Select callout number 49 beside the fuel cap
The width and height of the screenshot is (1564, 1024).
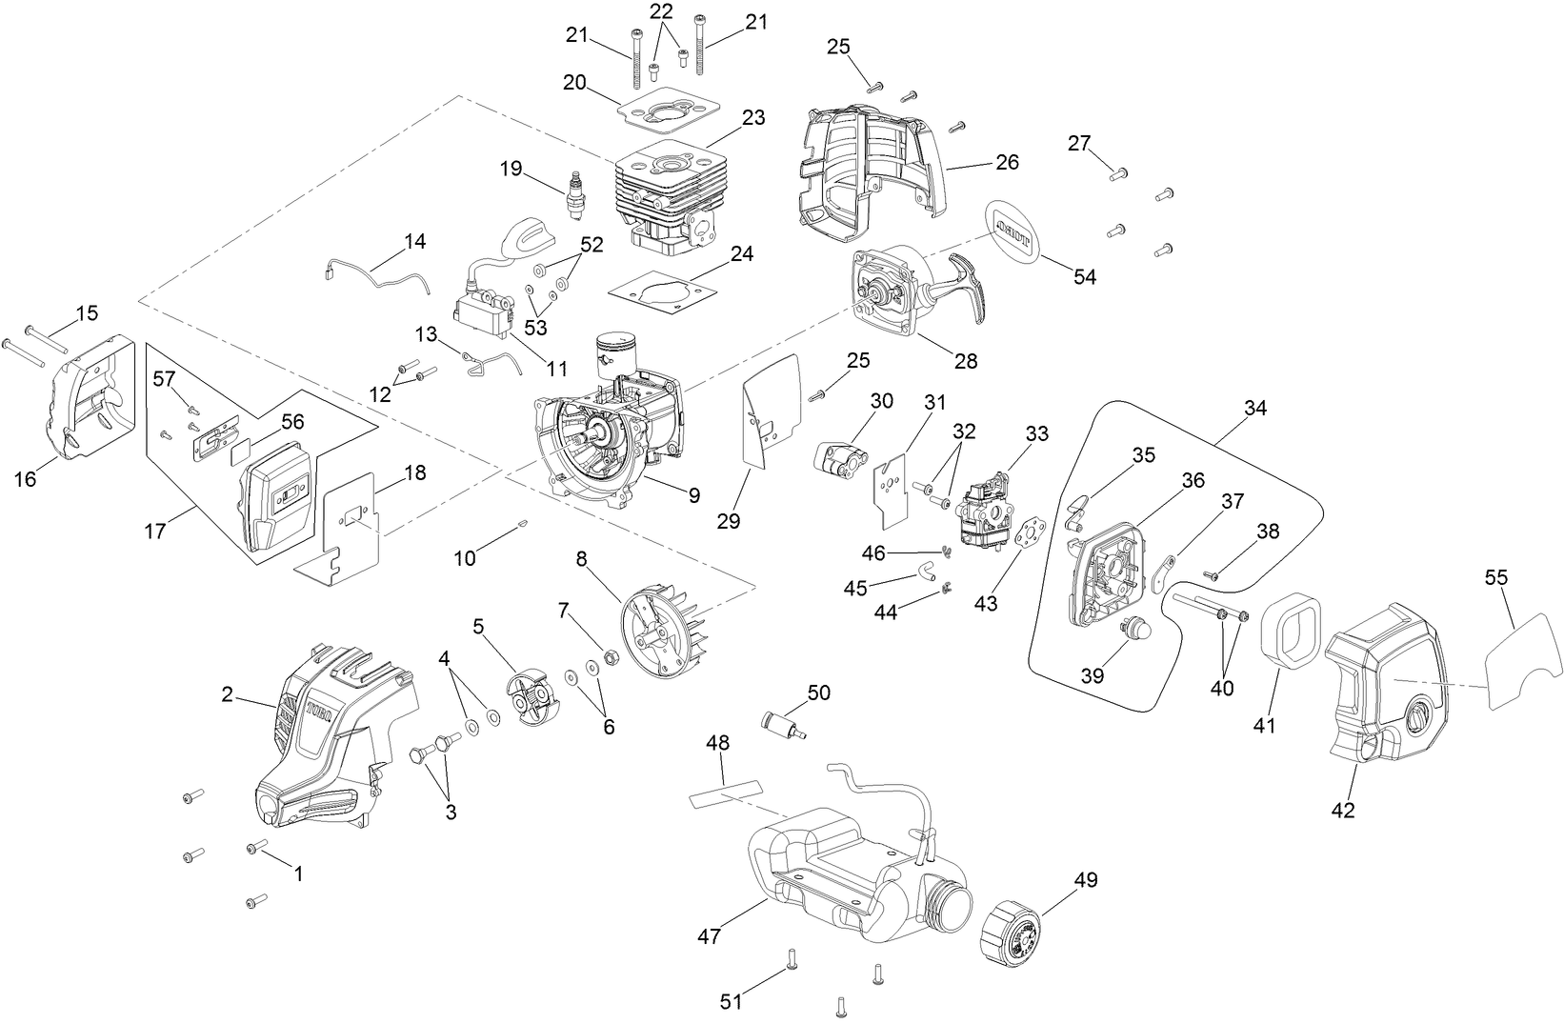pyautogui.click(x=1086, y=880)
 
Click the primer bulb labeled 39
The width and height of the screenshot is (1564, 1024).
pyautogui.click(x=1133, y=630)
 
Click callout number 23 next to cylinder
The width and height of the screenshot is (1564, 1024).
pyautogui.click(x=753, y=118)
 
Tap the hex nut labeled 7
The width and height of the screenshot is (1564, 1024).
pyautogui.click(x=611, y=656)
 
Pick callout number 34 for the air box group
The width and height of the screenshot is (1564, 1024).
pyautogui.click(x=1254, y=408)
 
